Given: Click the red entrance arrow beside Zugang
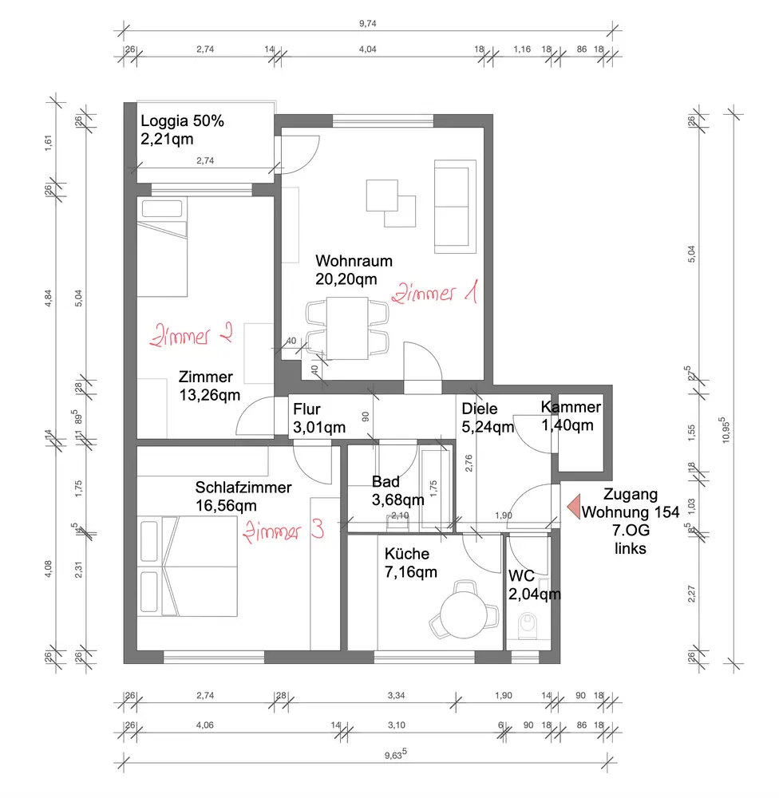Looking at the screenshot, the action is (575, 507).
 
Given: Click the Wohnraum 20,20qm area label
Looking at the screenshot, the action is (354, 271).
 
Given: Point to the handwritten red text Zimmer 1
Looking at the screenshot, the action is (435, 292).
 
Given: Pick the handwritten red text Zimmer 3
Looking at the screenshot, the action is (283, 531).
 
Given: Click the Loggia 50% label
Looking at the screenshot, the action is (182, 120).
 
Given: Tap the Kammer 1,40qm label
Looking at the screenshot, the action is (571, 416).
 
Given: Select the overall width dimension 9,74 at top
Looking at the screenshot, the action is (368, 23).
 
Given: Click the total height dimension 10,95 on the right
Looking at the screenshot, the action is (726, 431).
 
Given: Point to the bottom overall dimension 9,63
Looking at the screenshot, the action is (396, 754).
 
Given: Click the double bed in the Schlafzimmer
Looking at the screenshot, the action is (188, 567).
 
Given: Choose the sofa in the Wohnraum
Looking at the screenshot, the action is (455, 206).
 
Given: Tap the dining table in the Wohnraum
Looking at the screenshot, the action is (347, 328).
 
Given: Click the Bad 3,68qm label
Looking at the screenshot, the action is (397, 491).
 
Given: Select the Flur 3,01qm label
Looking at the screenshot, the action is (319, 418).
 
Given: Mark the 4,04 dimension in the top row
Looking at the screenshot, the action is (368, 49).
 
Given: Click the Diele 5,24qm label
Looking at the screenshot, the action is (488, 418).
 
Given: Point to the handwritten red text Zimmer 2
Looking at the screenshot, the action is (192, 335).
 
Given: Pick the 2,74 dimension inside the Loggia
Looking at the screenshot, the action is (205, 161).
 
